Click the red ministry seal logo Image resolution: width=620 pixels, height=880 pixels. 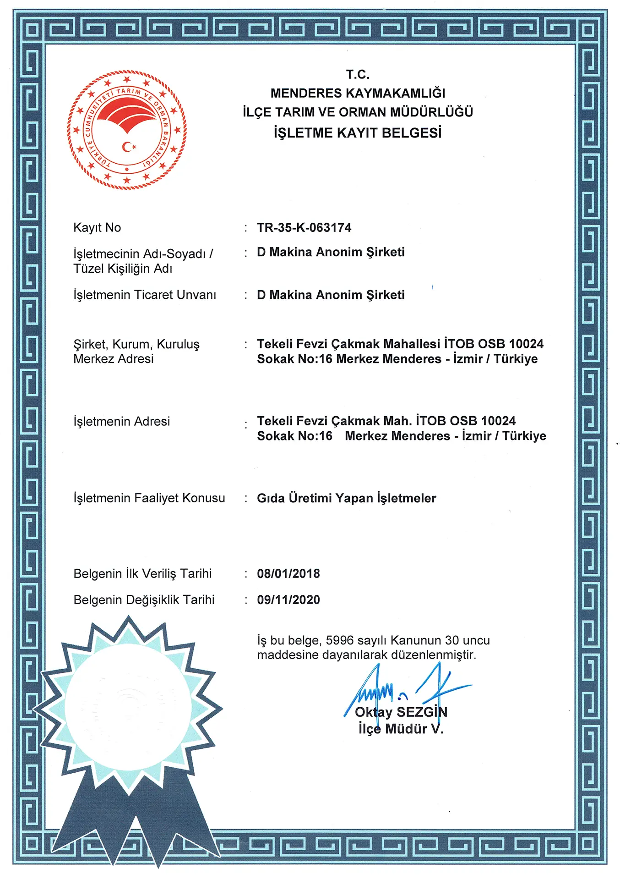pos(127,130)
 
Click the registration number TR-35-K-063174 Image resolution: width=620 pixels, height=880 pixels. pos(304,227)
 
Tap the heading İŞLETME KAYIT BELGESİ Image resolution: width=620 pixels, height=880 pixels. pos(358,133)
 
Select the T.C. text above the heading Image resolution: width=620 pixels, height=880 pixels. pos(358,74)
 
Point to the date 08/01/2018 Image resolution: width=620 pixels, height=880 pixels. pos(288,573)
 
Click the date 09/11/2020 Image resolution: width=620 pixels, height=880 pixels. pos(288,599)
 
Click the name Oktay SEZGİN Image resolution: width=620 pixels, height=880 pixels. pos(401,712)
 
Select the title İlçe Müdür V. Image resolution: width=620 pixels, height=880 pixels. pos(401,729)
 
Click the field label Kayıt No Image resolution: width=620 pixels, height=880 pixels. pos(97,227)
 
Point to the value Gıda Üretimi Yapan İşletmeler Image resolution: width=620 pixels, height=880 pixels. pos(347,498)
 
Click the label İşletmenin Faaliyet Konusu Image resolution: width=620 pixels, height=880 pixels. pos(149,498)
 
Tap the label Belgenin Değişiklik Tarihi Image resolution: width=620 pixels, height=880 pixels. pos(144,599)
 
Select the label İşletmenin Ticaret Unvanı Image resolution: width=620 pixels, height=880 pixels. pos(145,295)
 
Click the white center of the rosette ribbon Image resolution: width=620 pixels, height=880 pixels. pos(128,708)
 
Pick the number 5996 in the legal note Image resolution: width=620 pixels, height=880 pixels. pos(339,640)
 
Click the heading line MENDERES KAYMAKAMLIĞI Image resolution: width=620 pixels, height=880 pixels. pos(358,93)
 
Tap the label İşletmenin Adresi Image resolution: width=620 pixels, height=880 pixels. pos(122,421)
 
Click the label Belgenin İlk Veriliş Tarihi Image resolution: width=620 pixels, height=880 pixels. pos(142,573)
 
